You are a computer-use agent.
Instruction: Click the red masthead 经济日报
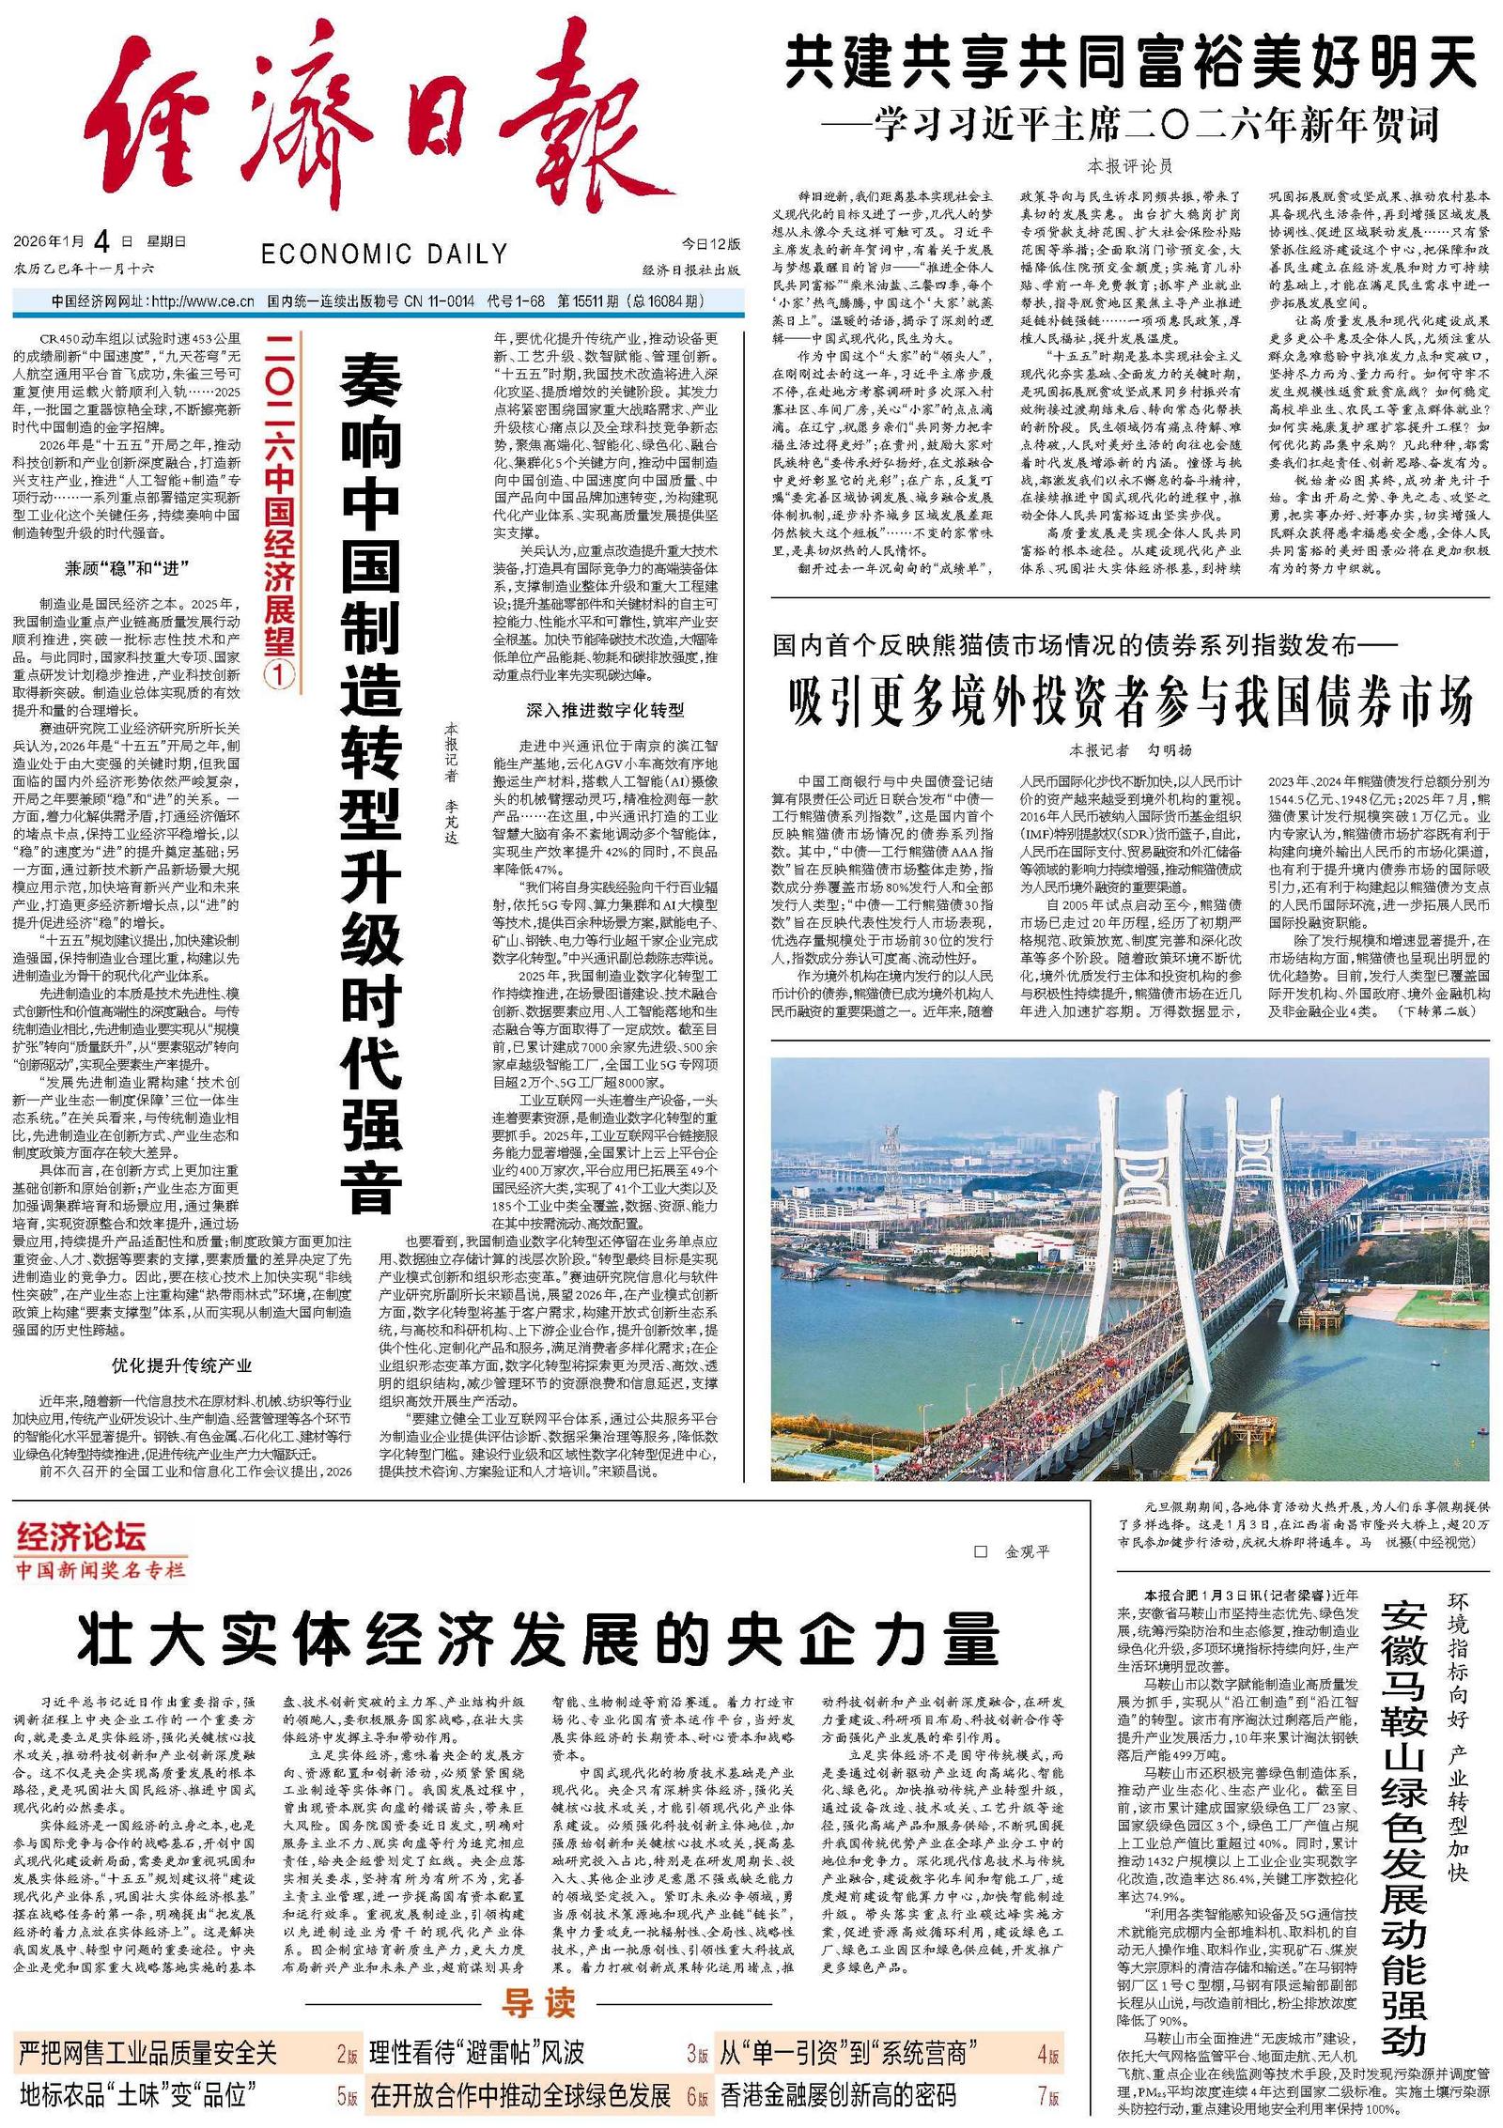(x=376, y=131)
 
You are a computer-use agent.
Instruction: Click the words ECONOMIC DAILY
(x=384, y=254)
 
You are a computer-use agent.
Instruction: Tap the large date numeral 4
(x=101, y=242)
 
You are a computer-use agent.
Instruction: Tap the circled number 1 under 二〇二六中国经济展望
(x=279, y=676)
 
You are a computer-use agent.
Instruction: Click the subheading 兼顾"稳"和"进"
(x=127, y=568)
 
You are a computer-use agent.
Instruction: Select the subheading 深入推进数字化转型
(x=605, y=710)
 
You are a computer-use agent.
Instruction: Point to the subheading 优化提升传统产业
(x=181, y=1365)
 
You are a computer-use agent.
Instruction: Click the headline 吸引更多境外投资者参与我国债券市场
(x=1131, y=702)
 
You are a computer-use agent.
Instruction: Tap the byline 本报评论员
(x=1130, y=166)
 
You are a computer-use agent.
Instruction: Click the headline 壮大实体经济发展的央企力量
(x=536, y=1640)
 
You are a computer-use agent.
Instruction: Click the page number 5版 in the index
(x=348, y=2095)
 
